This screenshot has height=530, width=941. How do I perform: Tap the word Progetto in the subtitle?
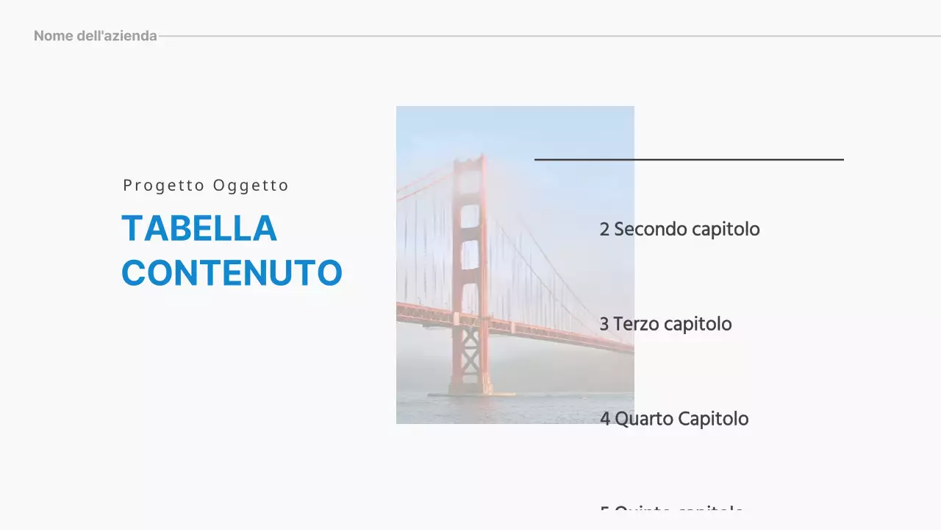tap(164, 185)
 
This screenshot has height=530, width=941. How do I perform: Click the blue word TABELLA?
tap(199, 228)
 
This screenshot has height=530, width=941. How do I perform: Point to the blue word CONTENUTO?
tap(232, 273)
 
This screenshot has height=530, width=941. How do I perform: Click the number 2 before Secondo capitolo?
tap(604, 230)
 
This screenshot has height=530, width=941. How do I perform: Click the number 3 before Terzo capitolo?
tap(604, 325)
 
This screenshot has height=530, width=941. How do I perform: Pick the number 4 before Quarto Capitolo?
tap(605, 420)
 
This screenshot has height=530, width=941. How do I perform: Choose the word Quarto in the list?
tap(643, 420)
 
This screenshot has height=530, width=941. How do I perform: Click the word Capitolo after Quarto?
tap(713, 420)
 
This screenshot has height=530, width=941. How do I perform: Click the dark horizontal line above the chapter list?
tap(689, 159)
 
